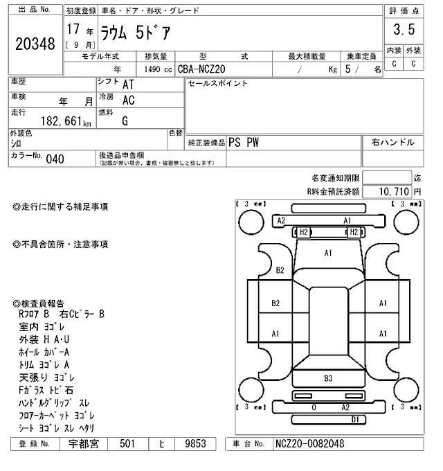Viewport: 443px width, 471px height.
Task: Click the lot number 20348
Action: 35,44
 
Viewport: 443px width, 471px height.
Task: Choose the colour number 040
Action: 55,159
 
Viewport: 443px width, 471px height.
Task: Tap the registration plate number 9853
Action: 189,444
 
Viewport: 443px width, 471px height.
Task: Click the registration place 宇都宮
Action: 84,444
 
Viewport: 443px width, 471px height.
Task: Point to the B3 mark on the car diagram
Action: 328,378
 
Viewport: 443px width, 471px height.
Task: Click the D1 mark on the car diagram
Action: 354,420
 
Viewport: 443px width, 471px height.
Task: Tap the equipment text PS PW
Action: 243,142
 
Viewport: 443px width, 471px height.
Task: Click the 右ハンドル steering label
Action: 392,142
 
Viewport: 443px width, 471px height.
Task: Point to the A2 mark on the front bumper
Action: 281,220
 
